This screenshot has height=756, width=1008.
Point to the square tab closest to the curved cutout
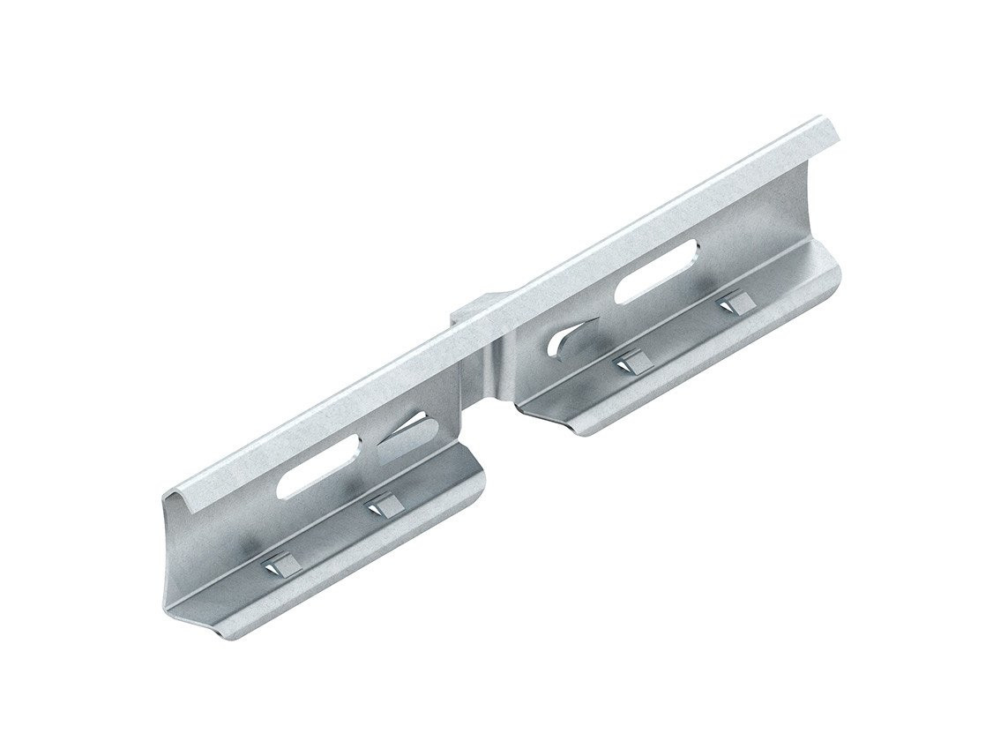click(x=630, y=361)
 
